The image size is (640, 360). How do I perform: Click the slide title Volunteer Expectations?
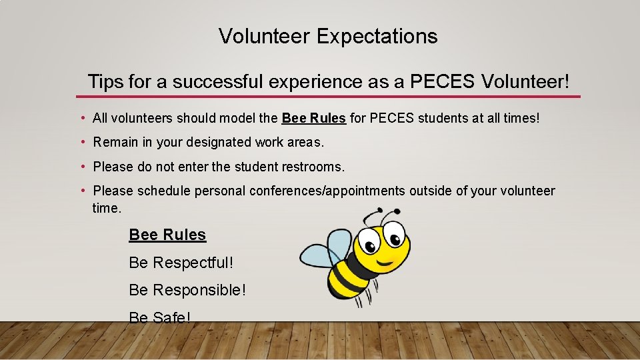tap(328, 36)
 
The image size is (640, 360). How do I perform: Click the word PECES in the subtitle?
tap(442, 82)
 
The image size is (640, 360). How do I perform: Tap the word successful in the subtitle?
tap(221, 82)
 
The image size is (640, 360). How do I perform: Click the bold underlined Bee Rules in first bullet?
tap(313, 119)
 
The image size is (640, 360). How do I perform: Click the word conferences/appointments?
tap(327, 191)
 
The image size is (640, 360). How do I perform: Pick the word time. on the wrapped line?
tap(107, 208)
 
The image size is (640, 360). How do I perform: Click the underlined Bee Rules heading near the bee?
tap(167, 235)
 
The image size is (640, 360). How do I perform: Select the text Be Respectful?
tap(181, 263)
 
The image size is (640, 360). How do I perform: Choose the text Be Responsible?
tap(187, 291)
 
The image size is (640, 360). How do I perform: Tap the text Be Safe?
tap(159, 317)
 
